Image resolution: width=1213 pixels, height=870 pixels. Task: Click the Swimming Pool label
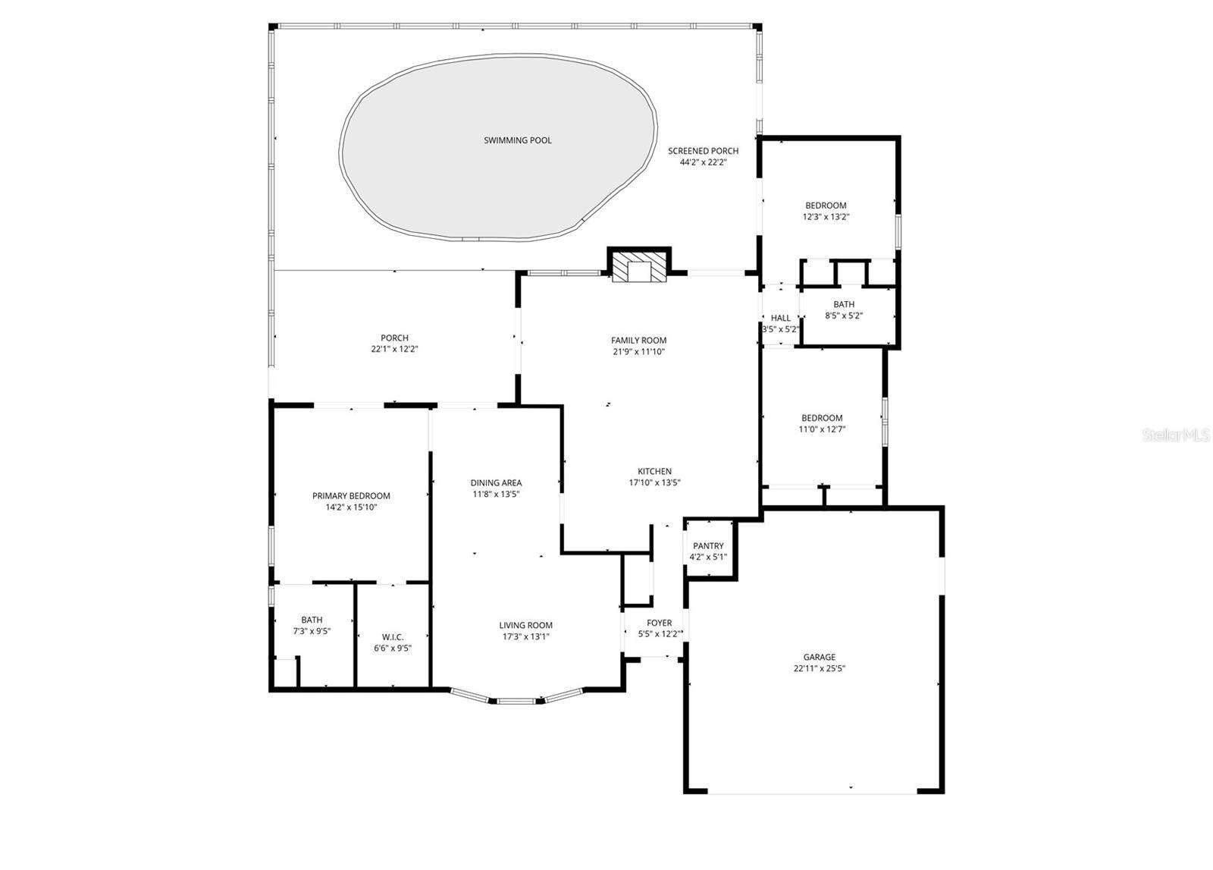point(517,140)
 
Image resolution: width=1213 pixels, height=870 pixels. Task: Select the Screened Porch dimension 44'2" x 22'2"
point(703,162)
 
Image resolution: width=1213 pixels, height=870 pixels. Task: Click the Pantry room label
point(708,546)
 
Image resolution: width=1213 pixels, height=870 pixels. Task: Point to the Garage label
point(820,658)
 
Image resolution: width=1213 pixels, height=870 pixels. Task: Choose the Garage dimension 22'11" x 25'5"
point(820,669)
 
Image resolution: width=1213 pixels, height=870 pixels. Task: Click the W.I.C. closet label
point(393,637)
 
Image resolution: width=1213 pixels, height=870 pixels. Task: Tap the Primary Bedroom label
point(351,496)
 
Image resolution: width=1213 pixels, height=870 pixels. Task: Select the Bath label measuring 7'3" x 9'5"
point(312,620)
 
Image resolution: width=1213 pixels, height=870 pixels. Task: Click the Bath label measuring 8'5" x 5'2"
point(844,305)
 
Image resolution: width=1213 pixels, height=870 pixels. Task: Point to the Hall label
point(780,319)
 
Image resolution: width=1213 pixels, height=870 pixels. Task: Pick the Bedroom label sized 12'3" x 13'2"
point(826,206)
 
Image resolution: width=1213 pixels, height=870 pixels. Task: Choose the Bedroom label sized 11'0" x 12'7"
point(822,418)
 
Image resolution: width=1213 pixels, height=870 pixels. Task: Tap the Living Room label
point(525,626)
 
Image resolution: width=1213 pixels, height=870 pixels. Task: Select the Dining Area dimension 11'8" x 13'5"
point(496,495)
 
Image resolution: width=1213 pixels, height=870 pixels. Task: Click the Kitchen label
point(654,472)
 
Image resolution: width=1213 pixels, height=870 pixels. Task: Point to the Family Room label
point(638,341)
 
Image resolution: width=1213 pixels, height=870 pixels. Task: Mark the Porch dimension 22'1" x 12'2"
point(394,350)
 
